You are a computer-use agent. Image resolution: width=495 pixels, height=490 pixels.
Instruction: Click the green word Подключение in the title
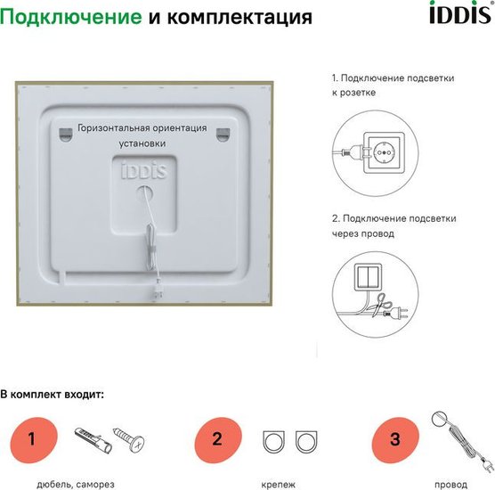(71, 16)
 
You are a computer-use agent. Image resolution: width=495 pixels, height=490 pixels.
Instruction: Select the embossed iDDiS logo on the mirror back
(144, 170)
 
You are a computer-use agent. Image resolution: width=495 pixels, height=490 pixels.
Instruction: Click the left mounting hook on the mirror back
(65, 134)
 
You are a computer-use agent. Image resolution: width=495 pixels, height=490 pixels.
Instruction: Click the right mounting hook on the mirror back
(223, 135)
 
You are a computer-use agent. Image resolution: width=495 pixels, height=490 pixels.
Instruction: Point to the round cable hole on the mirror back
(144, 193)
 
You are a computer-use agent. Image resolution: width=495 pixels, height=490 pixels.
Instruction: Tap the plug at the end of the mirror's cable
(157, 291)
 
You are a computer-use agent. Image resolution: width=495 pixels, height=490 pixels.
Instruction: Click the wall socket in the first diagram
(384, 152)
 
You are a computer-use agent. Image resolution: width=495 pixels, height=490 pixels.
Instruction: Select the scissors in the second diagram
(380, 305)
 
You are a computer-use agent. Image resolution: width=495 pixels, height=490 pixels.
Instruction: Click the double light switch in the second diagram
(368, 277)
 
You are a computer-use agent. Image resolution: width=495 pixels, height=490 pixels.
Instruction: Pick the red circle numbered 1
(34, 440)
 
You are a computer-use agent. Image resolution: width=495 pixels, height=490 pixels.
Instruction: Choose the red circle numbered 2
(218, 440)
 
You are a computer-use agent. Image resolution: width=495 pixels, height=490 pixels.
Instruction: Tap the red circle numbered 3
(395, 440)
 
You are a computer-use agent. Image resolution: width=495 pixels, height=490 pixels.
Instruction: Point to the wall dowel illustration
(93, 440)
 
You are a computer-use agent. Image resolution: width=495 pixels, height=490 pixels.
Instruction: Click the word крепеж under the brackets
(278, 485)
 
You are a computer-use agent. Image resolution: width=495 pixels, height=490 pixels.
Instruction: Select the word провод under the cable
(450, 485)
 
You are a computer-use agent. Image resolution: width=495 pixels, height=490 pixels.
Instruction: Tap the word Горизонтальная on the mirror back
(113, 128)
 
